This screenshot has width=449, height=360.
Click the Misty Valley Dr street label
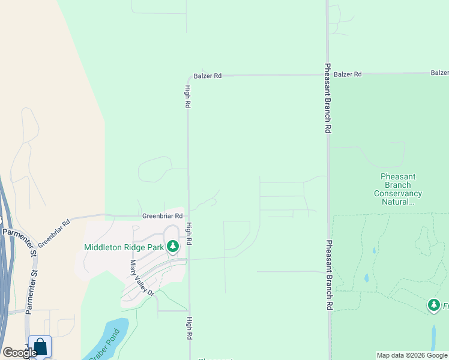pos(142,278)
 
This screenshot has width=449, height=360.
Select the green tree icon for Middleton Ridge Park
pos(173,247)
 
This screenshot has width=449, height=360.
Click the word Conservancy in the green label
pos(398,193)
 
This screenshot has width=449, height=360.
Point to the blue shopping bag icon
pos(40,347)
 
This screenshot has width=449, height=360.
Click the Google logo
pos(20,353)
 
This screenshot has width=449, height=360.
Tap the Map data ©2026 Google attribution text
pos(412,355)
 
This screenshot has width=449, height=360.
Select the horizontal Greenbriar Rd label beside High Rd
pos(162,216)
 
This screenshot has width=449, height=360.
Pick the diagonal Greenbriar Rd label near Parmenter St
pos(55,233)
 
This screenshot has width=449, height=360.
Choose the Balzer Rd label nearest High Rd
pos(208,76)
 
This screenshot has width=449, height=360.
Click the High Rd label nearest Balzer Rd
pos(188,96)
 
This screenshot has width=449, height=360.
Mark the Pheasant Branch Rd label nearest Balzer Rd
pos(328,98)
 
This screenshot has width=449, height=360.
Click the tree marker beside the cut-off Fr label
pos(433,305)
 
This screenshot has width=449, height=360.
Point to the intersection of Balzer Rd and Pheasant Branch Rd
pos(328,74)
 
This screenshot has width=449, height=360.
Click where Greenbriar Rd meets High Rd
pos(188,216)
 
